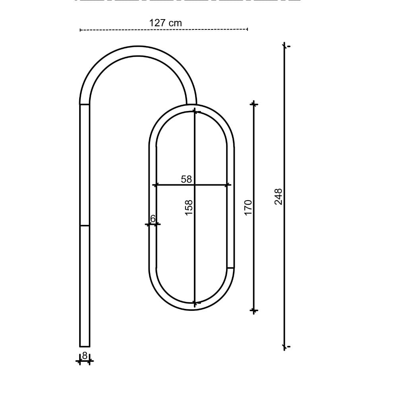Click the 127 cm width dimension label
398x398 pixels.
166,23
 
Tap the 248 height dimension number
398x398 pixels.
279,197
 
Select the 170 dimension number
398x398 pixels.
248,208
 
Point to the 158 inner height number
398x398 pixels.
189,208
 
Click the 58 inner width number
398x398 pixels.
186,179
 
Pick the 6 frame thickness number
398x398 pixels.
153,219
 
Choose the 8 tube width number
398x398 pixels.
84,355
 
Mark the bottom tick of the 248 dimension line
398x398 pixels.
284,347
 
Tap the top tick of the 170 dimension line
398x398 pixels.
254,104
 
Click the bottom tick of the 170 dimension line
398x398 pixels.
254,310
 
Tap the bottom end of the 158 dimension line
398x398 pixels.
195,303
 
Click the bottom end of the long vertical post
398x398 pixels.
85,346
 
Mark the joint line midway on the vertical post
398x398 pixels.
85,226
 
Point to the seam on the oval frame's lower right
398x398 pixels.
230,268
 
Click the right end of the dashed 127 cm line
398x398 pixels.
247,29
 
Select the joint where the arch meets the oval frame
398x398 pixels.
191,105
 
